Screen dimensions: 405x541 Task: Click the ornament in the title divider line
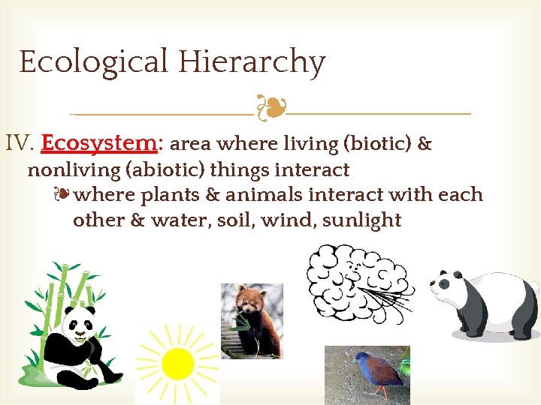270,109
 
